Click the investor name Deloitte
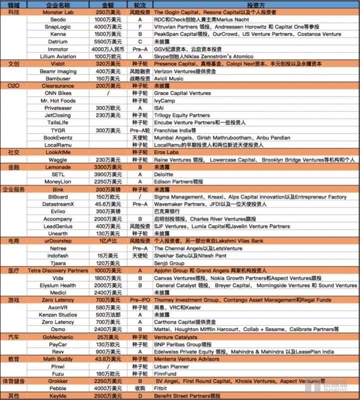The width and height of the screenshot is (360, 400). tap(163, 174)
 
